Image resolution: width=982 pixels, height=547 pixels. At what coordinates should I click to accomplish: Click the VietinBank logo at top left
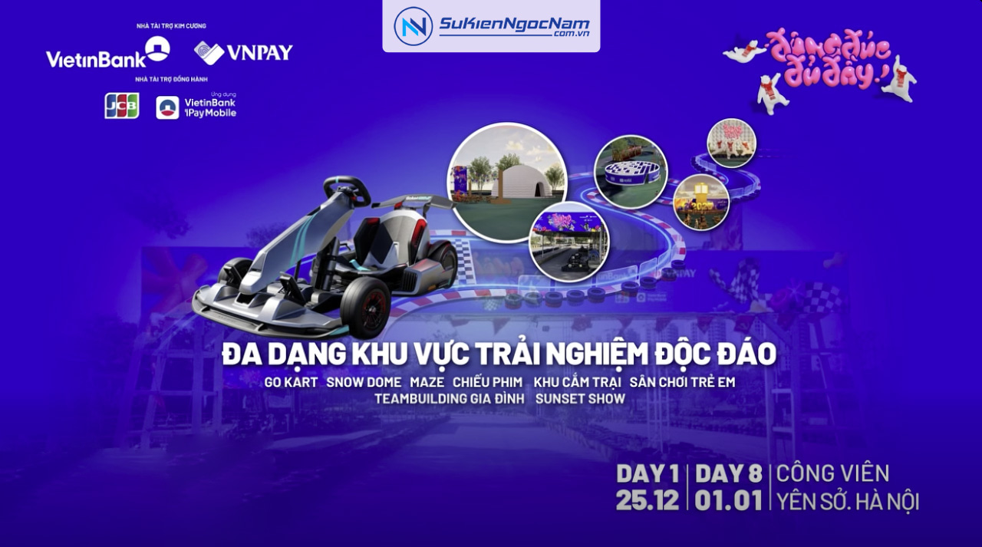(107, 53)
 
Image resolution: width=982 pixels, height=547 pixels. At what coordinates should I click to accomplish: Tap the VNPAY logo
(243, 52)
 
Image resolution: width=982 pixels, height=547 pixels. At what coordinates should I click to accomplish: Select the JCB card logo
(122, 106)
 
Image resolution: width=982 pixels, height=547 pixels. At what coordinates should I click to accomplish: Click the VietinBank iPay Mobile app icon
(167, 107)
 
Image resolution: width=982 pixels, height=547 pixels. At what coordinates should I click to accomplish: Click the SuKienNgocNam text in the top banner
(514, 25)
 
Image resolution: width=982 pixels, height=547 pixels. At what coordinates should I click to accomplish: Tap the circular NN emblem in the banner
(413, 26)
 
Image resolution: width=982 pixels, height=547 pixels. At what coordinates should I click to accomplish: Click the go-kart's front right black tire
(365, 307)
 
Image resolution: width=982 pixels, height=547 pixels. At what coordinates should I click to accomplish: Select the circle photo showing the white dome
(506, 181)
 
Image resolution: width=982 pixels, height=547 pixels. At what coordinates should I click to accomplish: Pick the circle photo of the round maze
(631, 171)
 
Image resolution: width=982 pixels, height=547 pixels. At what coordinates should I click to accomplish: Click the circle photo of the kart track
(568, 241)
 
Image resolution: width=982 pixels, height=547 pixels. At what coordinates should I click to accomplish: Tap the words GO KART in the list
(291, 382)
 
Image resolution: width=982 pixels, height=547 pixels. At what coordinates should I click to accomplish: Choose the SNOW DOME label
(364, 382)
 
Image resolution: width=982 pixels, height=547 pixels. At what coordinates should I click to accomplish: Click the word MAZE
(427, 382)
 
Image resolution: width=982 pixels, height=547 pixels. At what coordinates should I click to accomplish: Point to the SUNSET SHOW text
(580, 399)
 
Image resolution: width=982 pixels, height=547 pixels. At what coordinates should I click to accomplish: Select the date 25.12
(648, 500)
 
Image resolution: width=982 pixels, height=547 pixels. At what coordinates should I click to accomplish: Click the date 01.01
(728, 500)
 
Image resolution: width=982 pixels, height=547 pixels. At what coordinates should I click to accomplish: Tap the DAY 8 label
(728, 474)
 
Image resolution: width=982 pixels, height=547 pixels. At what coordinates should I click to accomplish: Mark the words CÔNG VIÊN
(832, 474)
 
